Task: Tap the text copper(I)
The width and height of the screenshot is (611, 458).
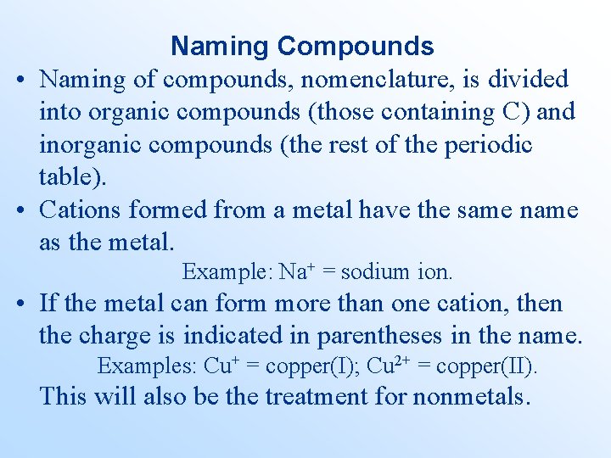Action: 311,366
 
